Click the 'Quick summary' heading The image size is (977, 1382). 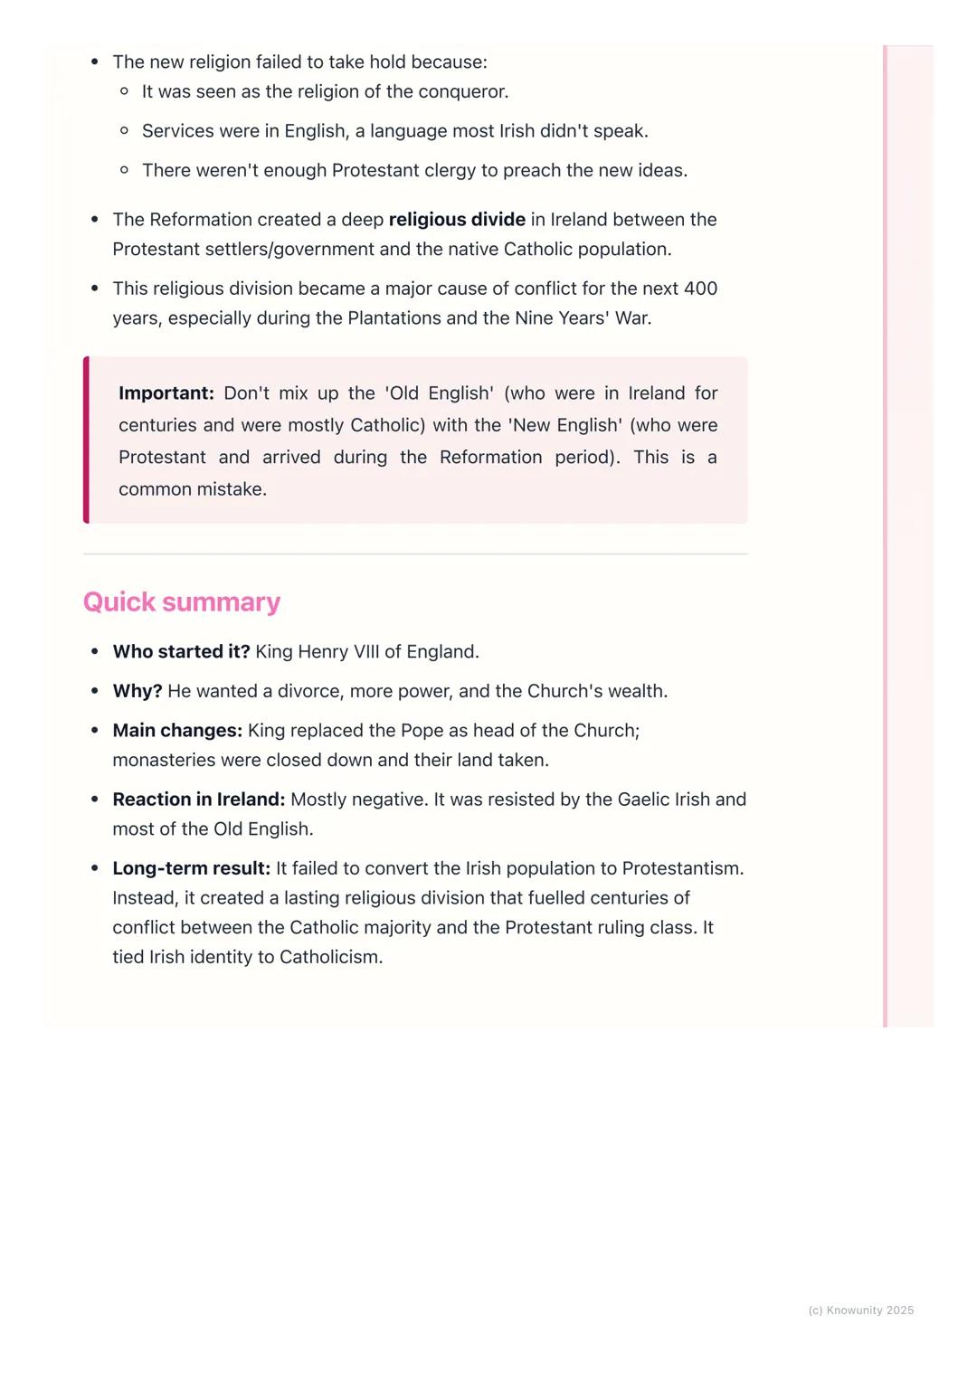[x=182, y=602]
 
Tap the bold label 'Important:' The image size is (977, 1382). [x=166, y=393]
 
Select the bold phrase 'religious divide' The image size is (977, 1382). [x=457, y=220]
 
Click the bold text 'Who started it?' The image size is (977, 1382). [x=181, y=652]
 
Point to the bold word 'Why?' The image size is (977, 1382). [x=138, y=691]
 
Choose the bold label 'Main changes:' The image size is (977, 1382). [x=177, y=731]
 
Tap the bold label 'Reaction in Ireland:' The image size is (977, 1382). [x=199, y=800]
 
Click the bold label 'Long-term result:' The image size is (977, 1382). [x=192, y=868]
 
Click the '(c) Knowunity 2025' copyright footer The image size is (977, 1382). [x=860, y=1311]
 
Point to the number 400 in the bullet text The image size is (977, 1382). [x=700, y=289]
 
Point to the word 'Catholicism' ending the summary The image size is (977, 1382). [x=330, y=957]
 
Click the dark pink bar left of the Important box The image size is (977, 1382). [x=86, y=440]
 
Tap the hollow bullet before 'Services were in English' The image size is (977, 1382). [x=125, y=131]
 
